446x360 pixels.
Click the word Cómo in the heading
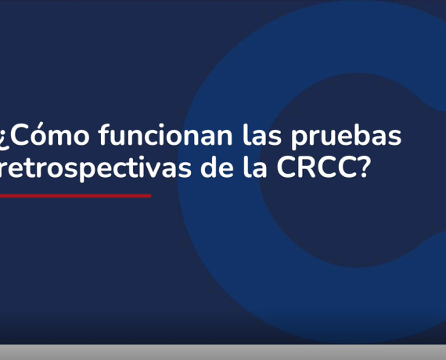[x=49, y=134]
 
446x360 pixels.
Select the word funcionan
[x=166, y=135]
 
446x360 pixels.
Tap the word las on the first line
[x=262, y=135]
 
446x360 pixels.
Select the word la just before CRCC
[x=255, y=167]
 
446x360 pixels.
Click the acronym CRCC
[x=315, y=167]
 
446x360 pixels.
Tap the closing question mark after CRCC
[x=361, y=167]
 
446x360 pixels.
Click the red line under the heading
[x=75, y=196]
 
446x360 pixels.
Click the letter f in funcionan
[x=105, y=135]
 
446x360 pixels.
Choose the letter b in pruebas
[x=369, y=135]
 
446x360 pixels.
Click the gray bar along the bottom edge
[x=223, y=353]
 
